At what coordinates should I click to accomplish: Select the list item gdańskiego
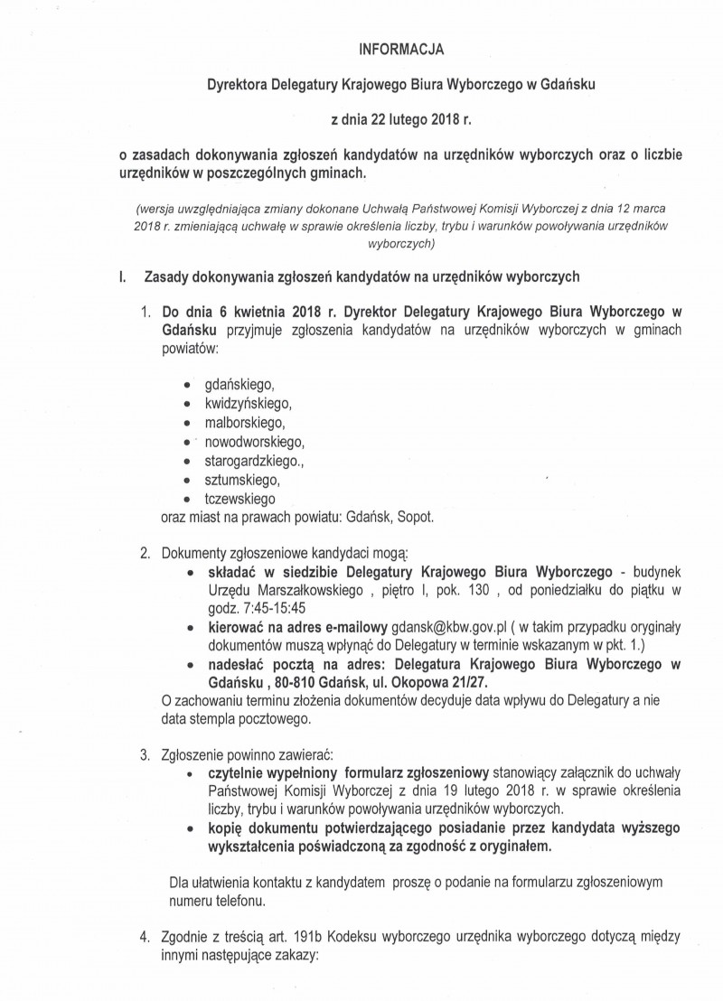pyautogui.click(x=239, y=385)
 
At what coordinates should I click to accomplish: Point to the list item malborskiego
pyautogui.click(x=245, y=423)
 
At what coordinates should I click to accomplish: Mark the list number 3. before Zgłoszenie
pyautogui.click(x=145, y=754)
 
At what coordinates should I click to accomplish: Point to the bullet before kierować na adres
pyautogui.click(x=189, y=627)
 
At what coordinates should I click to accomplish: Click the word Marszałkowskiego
pyautogui.click(x=302, y=589)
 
